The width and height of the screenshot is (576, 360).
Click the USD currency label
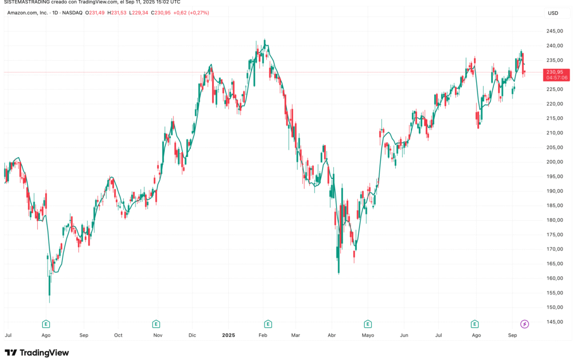click(553, 13)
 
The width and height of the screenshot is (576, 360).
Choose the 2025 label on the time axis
click(228, 335)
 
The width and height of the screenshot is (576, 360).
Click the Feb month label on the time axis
click(262, 335)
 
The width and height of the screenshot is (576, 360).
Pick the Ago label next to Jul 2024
click(46, 335)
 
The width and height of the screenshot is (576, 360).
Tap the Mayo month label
click(368, 335)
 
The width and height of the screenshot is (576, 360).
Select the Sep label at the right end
click(513, 335)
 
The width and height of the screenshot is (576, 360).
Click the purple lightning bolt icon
click(524, 324)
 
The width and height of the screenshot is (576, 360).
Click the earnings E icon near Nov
click(156, 324)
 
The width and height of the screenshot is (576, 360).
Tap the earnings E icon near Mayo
click(367, 324)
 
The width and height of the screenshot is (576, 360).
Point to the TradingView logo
click(37, 353)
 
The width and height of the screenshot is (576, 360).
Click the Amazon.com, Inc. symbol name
click(27, 13)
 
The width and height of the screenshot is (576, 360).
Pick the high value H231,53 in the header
click(117, 13)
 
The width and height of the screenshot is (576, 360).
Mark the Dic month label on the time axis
click(193, 335)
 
